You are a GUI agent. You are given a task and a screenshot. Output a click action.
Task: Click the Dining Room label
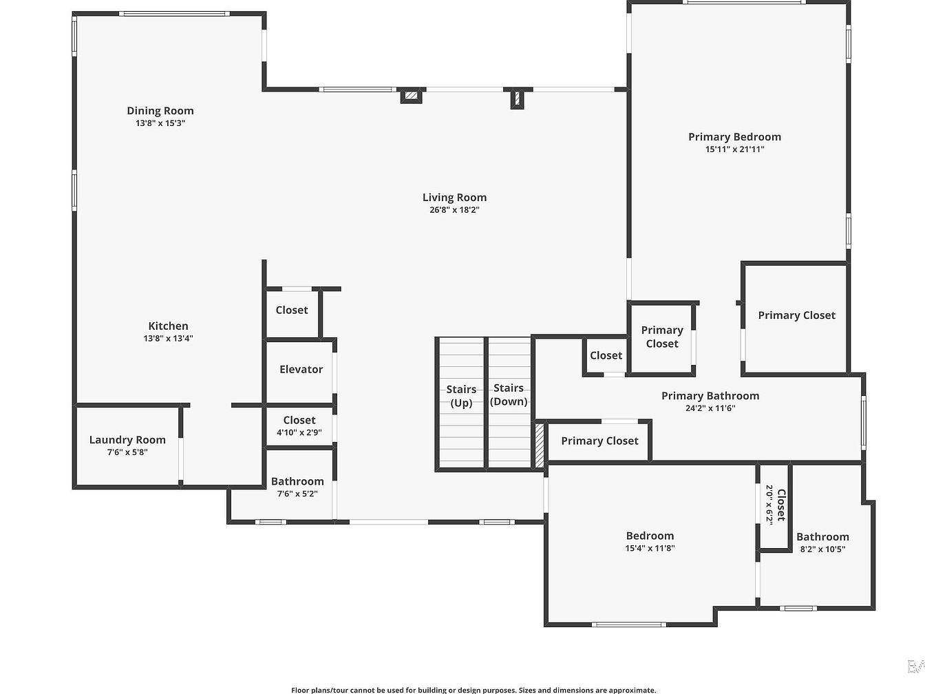coord(160,111)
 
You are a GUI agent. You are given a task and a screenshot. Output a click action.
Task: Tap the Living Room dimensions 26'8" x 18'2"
coord(454,210)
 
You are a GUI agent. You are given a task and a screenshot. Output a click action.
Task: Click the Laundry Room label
coord(127,440)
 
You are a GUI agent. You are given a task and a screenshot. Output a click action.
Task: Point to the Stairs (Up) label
coord(461,396)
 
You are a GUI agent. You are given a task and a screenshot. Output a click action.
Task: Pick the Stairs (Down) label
coord(509,395)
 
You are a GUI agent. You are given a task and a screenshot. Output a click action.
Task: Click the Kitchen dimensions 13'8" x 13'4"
coord(168,338)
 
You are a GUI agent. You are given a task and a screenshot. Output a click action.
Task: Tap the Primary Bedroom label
coord(734,137)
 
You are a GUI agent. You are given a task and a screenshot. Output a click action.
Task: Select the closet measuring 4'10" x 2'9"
coord(299,425)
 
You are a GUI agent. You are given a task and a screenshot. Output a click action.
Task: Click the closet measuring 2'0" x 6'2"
coord(774,507)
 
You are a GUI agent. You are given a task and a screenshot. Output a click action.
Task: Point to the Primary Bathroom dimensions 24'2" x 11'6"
coord(710,408)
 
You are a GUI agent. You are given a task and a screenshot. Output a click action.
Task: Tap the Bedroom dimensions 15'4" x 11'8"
coord(650,548)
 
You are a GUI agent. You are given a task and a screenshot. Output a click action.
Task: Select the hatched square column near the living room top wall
coord(411,96)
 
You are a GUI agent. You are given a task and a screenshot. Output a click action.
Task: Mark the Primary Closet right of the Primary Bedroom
coord(796,319)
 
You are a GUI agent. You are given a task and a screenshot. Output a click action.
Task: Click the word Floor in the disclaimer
coord(300,690)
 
